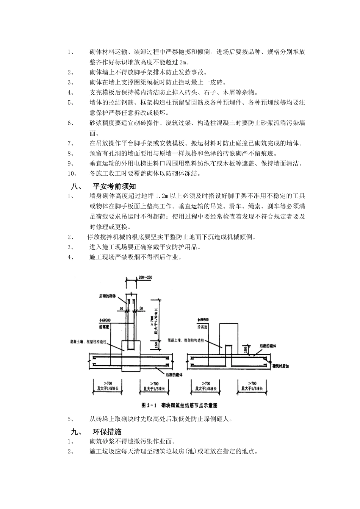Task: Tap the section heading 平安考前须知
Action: tap(114, 186)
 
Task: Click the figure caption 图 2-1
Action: tap(149, 405)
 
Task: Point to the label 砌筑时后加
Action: tap(280, 367)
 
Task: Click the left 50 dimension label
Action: tap(121, 309)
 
